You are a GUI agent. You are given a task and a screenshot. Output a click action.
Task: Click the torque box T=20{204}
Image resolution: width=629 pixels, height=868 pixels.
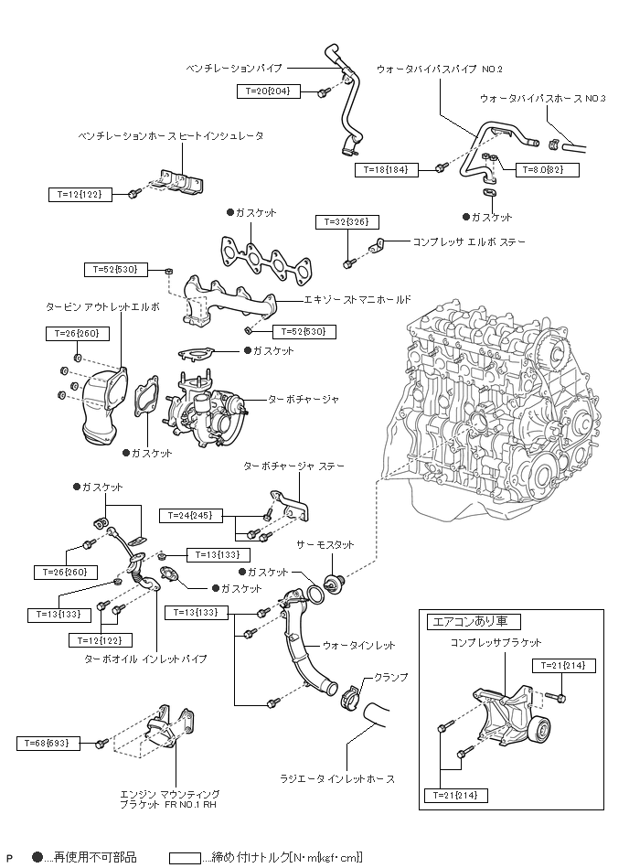(268, 91)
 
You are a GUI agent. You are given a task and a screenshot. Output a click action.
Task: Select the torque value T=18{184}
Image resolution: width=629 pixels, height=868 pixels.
(387, 170)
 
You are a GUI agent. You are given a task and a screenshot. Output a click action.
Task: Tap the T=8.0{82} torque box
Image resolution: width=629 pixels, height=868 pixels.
(543, 170)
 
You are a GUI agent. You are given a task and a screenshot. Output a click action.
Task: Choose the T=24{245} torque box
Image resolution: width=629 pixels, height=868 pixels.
(190, 516)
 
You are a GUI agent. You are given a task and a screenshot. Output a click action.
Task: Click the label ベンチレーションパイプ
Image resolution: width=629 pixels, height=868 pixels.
(233, 68)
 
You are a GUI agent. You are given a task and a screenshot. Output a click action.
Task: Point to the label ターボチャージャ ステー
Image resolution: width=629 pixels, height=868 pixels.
(293, 466)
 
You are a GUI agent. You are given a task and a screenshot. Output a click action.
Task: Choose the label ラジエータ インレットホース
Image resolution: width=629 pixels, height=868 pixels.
(337, 779)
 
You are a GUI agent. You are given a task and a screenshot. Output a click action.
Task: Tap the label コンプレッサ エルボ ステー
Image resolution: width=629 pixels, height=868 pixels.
(464, 243)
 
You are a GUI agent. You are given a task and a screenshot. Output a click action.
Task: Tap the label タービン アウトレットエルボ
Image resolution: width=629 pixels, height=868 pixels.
(102, 306)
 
